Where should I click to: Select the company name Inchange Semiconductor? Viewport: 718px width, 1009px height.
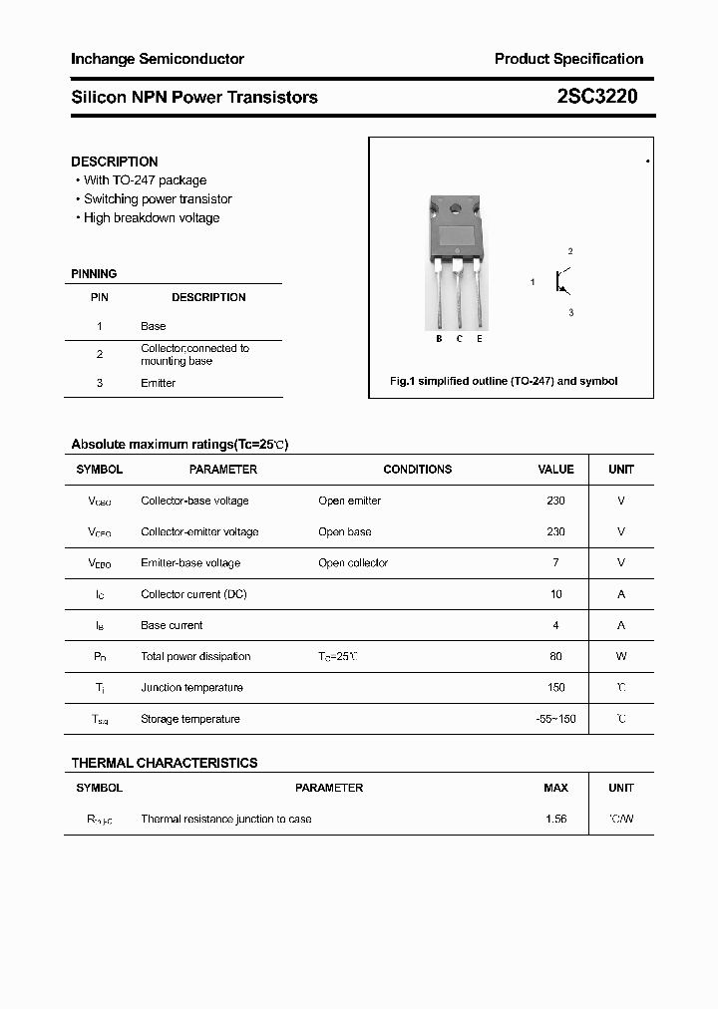tap(158, 59)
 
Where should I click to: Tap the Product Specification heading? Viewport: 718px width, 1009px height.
tap(568, 59)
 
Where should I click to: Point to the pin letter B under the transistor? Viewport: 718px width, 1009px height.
tap(439, 339)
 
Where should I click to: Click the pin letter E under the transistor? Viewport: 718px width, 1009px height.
tap(480, 339)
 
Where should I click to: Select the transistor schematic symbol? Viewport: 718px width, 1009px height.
tap(563, 282)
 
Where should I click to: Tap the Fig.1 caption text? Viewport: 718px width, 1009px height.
tap(503, 381)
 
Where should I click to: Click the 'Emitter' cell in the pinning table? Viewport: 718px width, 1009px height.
tap(158, 383)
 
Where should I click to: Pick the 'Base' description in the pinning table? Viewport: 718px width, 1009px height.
tap(153, 326)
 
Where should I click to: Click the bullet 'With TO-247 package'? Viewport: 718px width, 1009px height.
tap(145, 180)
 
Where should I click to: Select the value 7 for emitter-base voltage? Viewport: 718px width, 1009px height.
tap(555, 563)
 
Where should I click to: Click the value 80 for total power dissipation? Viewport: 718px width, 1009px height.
tap(555, 657)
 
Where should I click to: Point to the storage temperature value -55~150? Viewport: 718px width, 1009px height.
tap(555, 719)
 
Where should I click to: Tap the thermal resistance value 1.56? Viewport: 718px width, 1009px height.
tap(555, 819)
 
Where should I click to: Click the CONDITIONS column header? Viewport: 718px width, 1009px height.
tap(417, 470)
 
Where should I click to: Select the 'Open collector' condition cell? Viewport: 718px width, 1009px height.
tap(353, 563)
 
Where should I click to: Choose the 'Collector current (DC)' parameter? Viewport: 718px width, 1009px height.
tap(193, 594)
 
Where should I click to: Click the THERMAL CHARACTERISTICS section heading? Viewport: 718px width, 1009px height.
tap(165, 763)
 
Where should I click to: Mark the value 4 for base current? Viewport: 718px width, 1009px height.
tap(555, 626)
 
